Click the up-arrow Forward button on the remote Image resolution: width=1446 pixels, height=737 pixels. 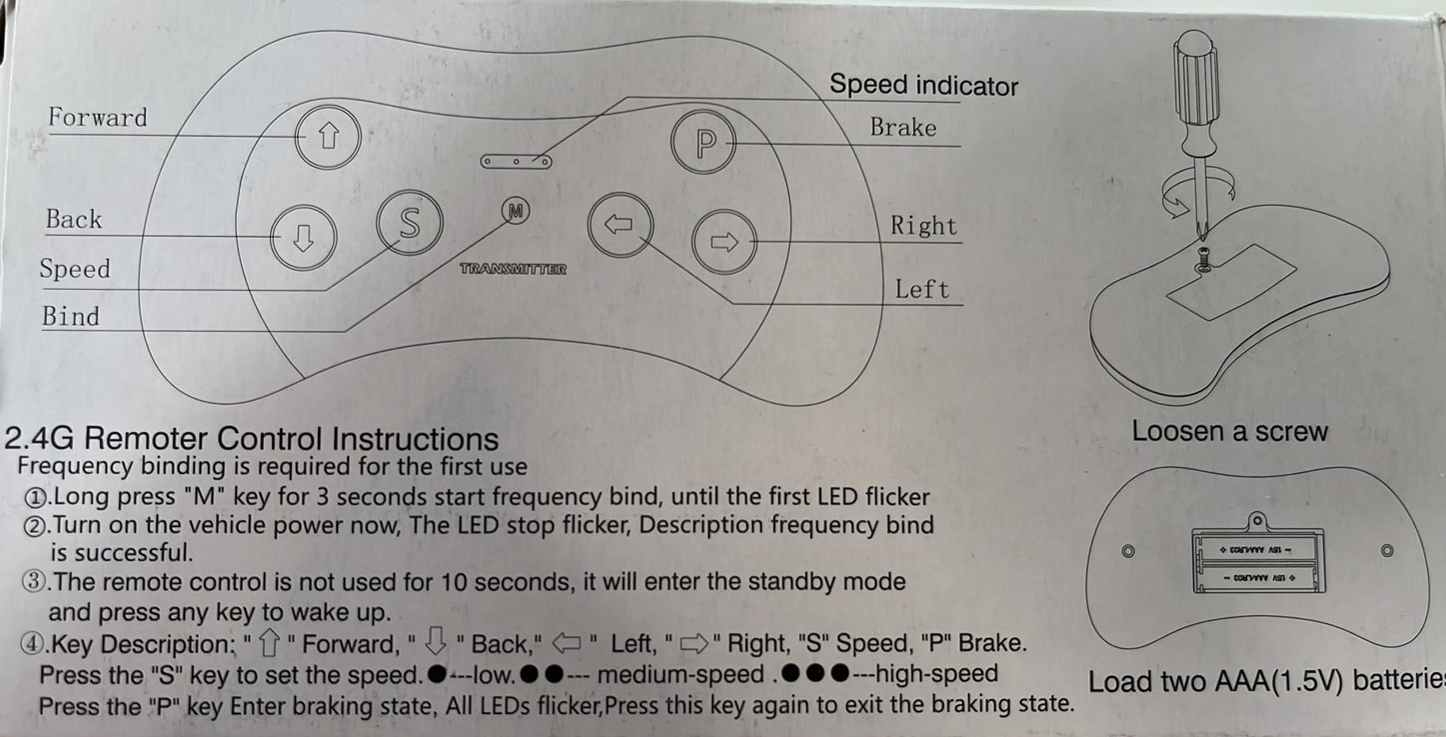[x=328, y=137]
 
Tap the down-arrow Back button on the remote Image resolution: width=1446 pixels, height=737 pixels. [x=303, y=237]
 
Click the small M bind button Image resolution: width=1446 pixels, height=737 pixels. [x=516, y=211]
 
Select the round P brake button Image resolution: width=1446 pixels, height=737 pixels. [x=704, y=143]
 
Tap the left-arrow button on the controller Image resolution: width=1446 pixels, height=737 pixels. [x=620, y=224]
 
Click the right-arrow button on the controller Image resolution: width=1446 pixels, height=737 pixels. [x=723, y=242]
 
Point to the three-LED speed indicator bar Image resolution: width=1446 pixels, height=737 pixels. [x=516, y=162]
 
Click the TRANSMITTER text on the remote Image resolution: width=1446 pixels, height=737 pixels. [x=513, y=269]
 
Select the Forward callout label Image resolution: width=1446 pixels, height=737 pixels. [x=98, y=118]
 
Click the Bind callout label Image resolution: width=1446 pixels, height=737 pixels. [x=71, y=317]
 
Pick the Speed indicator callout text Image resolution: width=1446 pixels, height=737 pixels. [x=923, y=86]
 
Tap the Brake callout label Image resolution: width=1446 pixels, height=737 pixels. [x=903, y=128]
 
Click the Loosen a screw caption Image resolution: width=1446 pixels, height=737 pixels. [x=1229, y=432]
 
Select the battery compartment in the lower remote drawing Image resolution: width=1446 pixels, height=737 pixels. [x=1258, y=560]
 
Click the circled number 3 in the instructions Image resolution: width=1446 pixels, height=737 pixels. [x=33, y=582]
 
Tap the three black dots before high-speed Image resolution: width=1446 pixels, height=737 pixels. [x=815, y=674]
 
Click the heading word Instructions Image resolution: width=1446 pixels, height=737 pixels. [x=415, y=439]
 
